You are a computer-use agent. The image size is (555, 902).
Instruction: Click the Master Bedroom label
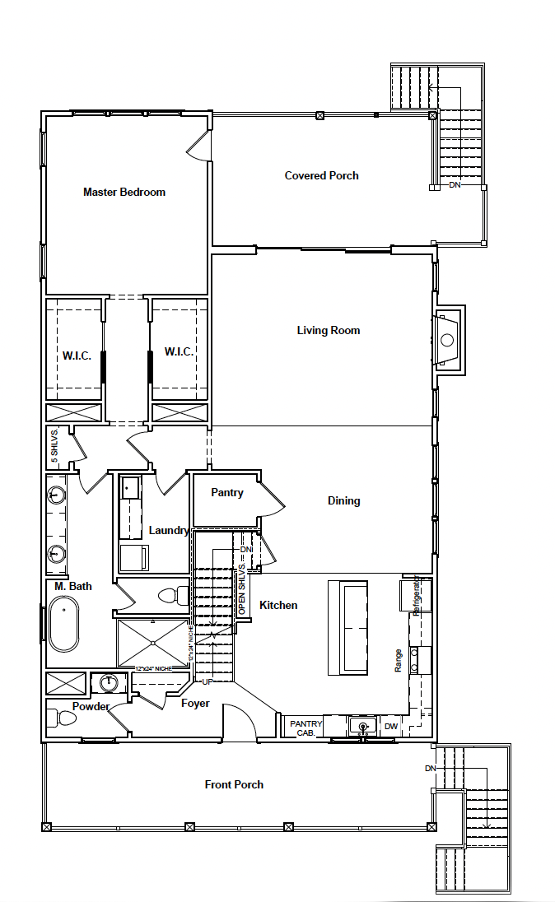click(124, 192)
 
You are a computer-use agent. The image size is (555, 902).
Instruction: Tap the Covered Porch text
click(321, 175)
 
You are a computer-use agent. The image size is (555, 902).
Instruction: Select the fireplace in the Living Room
click(447, 339)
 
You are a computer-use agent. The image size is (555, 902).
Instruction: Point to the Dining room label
click(343, 500)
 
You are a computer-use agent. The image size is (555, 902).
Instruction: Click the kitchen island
click(347, 627)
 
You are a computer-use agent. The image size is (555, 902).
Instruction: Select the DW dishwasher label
click(391, 727)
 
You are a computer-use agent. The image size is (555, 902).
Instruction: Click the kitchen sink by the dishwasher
click(360, 726)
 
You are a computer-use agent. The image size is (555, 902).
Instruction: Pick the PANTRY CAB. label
click(305, 728)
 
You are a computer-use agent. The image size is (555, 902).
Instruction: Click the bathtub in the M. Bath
click(64, 625)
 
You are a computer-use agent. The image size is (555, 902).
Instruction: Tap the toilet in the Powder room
click(62, 718)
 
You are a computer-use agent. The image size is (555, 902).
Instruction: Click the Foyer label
click(195, 704)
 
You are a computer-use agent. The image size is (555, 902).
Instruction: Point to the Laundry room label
click(169, 531)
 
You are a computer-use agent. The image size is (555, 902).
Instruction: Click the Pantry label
click(227, 493)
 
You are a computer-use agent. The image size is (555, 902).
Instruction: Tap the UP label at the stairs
click(208, 682)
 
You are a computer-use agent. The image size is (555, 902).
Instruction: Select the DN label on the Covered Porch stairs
click(455, 185)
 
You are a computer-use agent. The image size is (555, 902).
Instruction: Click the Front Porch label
click(234, 784)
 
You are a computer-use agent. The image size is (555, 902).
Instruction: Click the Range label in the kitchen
click(399, 660)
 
